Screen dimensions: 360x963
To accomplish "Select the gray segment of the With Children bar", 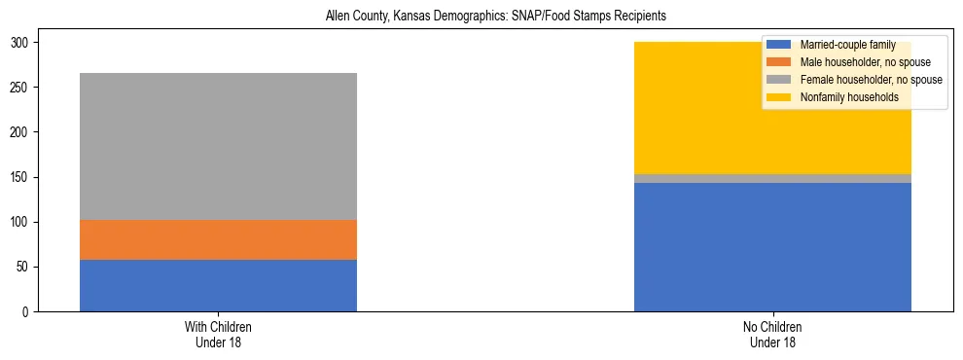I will click(218, 146).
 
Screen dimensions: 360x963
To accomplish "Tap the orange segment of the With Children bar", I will click(218, 239).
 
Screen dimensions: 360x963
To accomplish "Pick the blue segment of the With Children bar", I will click(218, 285).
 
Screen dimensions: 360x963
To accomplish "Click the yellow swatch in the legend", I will click(779, 97).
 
